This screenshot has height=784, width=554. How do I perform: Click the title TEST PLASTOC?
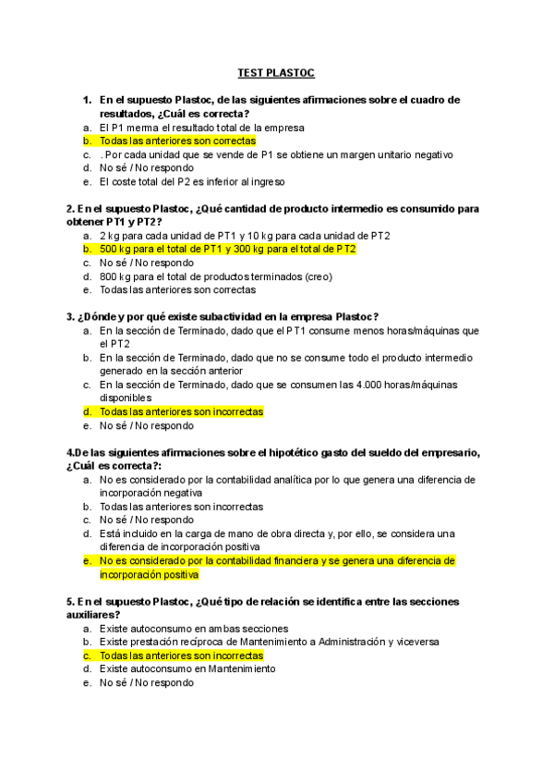(276, 71)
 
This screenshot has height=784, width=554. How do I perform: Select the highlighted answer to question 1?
(177, 141)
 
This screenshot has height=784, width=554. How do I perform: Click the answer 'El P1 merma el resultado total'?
(201, 127)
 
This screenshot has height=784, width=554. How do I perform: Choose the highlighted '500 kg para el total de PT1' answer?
(227, 249)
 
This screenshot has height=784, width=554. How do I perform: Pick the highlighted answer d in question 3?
(181, 412)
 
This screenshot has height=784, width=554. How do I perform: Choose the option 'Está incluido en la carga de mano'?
(277, 533)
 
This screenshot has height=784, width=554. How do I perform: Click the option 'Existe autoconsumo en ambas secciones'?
(182, 628)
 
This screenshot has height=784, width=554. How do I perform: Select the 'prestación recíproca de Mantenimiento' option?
(269, 642)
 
